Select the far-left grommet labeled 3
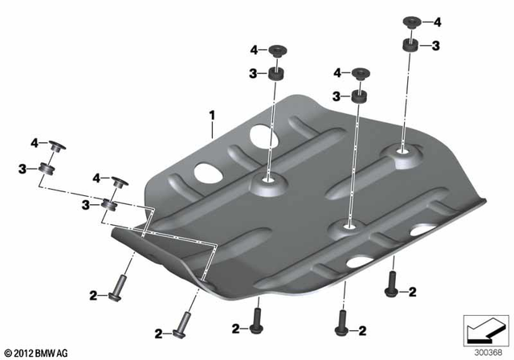pyautogui.click(x=45, y=170)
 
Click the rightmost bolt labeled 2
pyautogui.click(x=393, y=280)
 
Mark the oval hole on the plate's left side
pyautogui.click(x=207, y=172)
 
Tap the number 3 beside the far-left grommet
pyautogui.click(x=22, y=169)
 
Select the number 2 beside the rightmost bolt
pyautogui.click(x=413, y=289)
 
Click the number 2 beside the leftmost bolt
pyautogui.click(x=93, y=296)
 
